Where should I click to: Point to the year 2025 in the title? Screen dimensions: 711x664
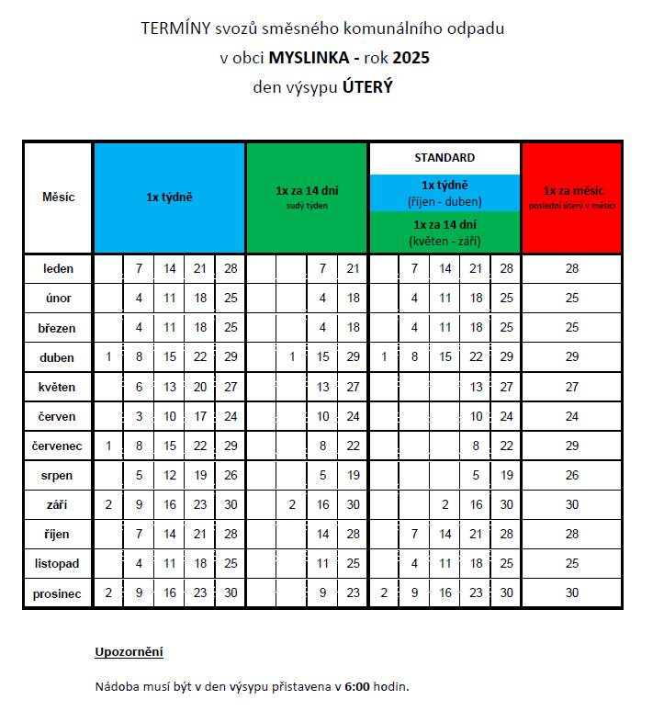[411, 58]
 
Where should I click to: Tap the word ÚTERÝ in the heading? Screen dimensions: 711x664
[367, 88]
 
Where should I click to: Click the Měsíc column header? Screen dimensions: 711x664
[58, 197]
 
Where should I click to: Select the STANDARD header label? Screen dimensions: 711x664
[445, 157]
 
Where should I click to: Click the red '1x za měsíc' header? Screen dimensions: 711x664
[572, 191]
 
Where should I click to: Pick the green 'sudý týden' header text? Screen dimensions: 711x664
[307, 206]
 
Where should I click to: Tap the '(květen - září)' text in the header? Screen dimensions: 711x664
[445, 241]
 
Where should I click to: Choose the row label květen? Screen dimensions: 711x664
[58, 387]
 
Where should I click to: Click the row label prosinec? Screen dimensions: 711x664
[58, 593]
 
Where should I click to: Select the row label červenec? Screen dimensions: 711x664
[58, 446]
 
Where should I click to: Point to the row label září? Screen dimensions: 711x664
[58, 505]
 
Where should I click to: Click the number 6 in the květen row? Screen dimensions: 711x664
[139, 387]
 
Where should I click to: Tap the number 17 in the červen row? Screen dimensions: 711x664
[200, 416]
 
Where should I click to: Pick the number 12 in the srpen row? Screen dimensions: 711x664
[170, 476]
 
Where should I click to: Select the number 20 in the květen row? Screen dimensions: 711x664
[200, 387]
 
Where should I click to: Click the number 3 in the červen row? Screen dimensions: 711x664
[139, 416]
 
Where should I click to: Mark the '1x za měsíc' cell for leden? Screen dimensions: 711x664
[572, 269]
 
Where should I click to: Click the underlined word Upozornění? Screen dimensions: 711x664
[129, 652]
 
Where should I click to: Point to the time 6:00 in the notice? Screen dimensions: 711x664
[357, 686]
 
